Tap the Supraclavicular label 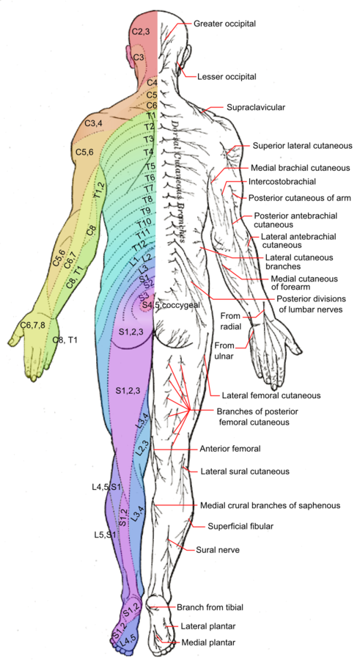click(x=254, y=107)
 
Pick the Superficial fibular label click(x=234, y=525)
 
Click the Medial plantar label click(x=207, y=642)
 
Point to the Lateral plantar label click(x=209, y=626)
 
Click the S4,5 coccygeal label click(x=168, y=304)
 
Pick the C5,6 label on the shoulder click(x=84, y=152)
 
